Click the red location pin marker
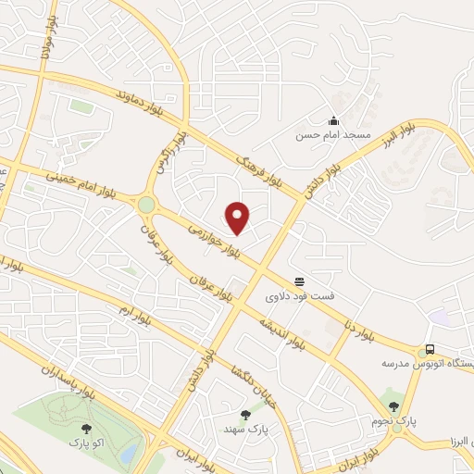238,217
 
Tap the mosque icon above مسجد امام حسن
333,120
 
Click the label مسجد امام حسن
332,135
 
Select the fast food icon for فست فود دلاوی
299,281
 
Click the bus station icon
430,350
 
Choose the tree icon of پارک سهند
245,415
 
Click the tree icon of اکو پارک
87,429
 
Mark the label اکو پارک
89,443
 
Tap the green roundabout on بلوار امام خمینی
146,204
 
